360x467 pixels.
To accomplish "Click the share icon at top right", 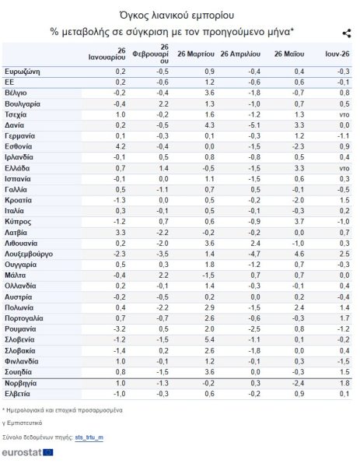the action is pyautogui.click(x=347, y=33).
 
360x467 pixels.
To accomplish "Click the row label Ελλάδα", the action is pyautogui.click(x=17, y=168).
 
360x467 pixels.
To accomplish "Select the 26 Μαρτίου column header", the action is pyautogui.click(x=196, y=54).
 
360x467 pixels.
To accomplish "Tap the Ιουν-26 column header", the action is pyautogui.click(x=337, y=54).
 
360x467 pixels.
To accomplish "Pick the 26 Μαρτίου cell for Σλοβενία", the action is pyautogui.click(x=209, y=340).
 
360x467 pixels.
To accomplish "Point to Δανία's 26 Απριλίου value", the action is pyautogui.click(x=254, y=125).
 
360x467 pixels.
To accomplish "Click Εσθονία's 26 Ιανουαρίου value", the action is pyautogui.click(x=121, y=146).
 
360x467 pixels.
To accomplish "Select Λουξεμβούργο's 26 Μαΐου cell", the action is pyautogui.click(x=299, y=254).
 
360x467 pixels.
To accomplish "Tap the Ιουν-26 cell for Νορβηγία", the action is pyautogui.click(x=344, y=383).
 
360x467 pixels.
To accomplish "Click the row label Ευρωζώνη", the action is pyautogui.click(x=23, y=72).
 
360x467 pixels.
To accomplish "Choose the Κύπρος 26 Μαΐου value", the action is pyautogui.click(x=299, y=222).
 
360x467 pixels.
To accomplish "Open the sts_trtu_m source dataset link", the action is pyautogui.click(x=89, y=437).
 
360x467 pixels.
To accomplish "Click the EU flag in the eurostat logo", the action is pyautogui.click(x=48, y=452).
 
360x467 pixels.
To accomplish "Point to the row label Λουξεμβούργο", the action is pyautogui.click(x=29, y=254).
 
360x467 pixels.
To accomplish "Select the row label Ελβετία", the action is pyautogui.click(x=17, y=394).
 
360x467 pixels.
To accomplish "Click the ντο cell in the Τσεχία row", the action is pyautogui.click(x=344, y=115).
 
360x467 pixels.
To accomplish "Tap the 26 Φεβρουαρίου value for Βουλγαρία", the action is pyautogui.click(x=163, y=104).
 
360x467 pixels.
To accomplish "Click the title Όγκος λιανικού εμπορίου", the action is pyautogui.click(x=177, y=16).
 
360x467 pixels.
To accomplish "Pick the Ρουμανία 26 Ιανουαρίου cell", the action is pyautogui.click(x=120, y=329).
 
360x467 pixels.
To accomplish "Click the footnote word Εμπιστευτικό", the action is pyautogui.click(x=25, y=423).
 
